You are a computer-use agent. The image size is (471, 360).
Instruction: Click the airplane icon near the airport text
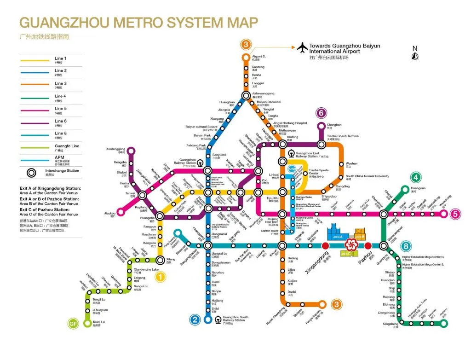302,47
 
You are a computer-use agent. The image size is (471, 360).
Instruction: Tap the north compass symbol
414,54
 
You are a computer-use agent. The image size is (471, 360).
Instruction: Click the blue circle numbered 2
195,320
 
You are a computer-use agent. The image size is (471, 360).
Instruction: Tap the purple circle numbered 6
322,112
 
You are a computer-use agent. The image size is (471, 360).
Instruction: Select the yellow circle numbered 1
160,277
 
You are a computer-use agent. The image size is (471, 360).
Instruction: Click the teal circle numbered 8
406,246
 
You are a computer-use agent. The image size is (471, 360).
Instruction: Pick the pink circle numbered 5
455,214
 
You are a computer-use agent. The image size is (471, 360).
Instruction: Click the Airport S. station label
259,57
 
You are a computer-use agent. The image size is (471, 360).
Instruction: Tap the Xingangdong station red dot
326,246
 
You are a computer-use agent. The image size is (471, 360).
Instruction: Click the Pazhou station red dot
368,246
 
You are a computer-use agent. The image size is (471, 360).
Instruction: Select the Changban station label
334,125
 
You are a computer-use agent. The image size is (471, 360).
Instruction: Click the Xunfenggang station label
115,149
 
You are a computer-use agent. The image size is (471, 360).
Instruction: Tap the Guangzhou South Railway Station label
235,318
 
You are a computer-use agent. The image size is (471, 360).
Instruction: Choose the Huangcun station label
418,188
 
